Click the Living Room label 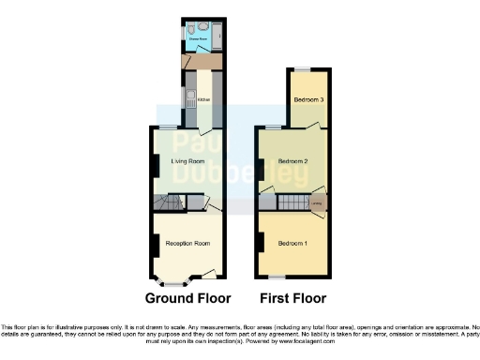tap(187, 161)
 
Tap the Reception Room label tap(187, 244)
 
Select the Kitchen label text tap(202, 98)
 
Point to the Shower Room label tap(197, 39)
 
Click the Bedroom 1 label tap(292, 244)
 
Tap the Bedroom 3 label tap(309, 99)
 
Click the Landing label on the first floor tap(318, 202)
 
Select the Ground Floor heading tap(187, 299)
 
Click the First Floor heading tap(293, 299)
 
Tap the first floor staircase tap(293, 202)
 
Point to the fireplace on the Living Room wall tap(156, 164)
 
